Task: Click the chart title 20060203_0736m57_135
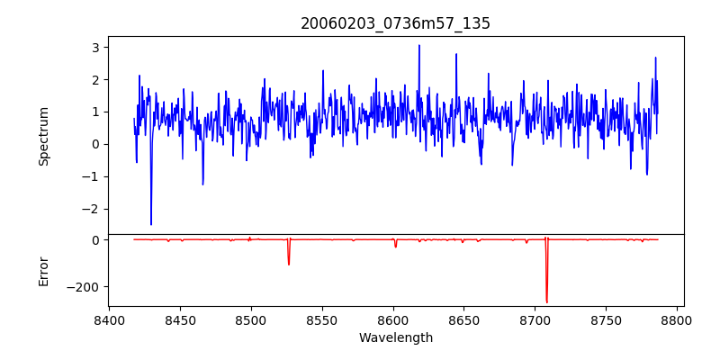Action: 395,23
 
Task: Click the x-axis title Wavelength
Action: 395,337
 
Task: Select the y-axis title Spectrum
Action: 43,136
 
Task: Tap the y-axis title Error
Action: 43,271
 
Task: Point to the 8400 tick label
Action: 109,319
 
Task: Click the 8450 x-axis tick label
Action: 180,319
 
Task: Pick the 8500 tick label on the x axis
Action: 251,319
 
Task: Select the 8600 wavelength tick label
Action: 393,319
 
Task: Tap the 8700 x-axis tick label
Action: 535,319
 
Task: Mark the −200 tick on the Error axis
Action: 86,287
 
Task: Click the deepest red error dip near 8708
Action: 546,301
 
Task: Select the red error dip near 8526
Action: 289,264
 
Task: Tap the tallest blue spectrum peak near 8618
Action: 418,46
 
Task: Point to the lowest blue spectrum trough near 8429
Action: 151,224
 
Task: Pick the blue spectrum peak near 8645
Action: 456,55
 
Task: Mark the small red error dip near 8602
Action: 395,246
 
